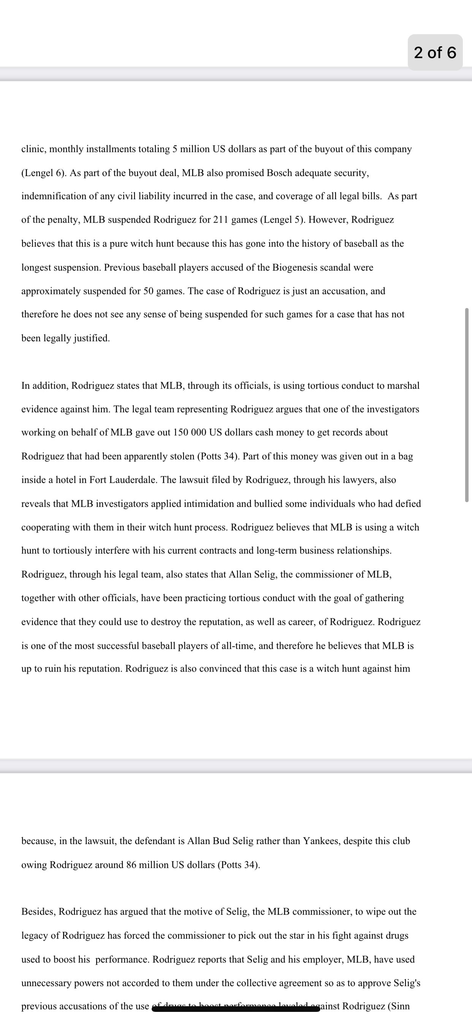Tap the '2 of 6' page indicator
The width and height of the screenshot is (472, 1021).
pos(435,52)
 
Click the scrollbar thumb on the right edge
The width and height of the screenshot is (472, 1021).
pos(467,404)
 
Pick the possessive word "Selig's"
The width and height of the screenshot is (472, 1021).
pos(407,983)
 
